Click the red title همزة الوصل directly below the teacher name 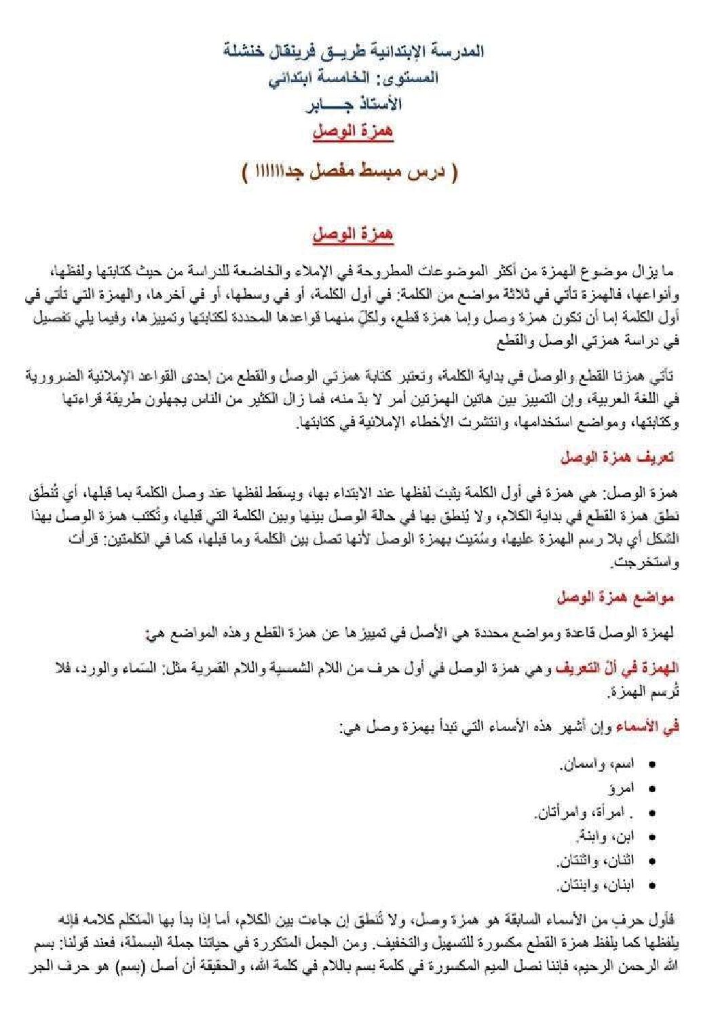353,132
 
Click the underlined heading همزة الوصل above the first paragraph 353,235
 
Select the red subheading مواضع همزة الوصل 615,598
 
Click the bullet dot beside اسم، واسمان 652,765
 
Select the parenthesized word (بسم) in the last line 592,966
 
